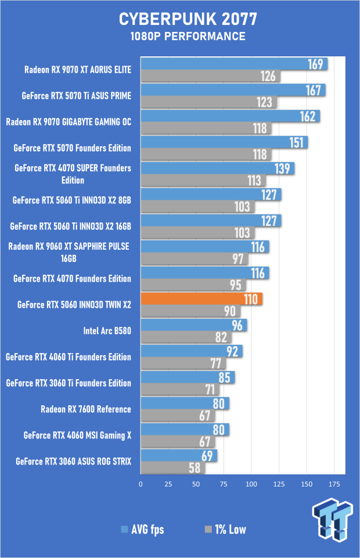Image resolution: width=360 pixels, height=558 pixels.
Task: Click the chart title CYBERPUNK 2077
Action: pos(179,20)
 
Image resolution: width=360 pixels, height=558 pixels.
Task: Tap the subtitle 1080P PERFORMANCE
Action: pos(179,37)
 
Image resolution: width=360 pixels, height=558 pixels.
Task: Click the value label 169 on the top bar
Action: pos(315,64)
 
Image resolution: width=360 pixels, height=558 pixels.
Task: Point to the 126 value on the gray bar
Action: pos(268,76)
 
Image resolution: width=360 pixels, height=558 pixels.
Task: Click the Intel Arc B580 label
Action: pos(107,331)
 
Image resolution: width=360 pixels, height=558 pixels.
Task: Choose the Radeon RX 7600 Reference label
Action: pos(86,409)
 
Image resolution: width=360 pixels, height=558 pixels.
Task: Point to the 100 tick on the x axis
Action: pos(251,484)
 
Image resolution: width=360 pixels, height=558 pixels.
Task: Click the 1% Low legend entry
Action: pos(226,529)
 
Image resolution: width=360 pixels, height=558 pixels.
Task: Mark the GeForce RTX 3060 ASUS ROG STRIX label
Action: pos(74,462)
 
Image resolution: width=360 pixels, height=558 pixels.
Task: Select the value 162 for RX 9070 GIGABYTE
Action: pos(307,116)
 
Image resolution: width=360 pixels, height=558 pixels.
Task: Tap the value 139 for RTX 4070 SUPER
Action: pos(282,168)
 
